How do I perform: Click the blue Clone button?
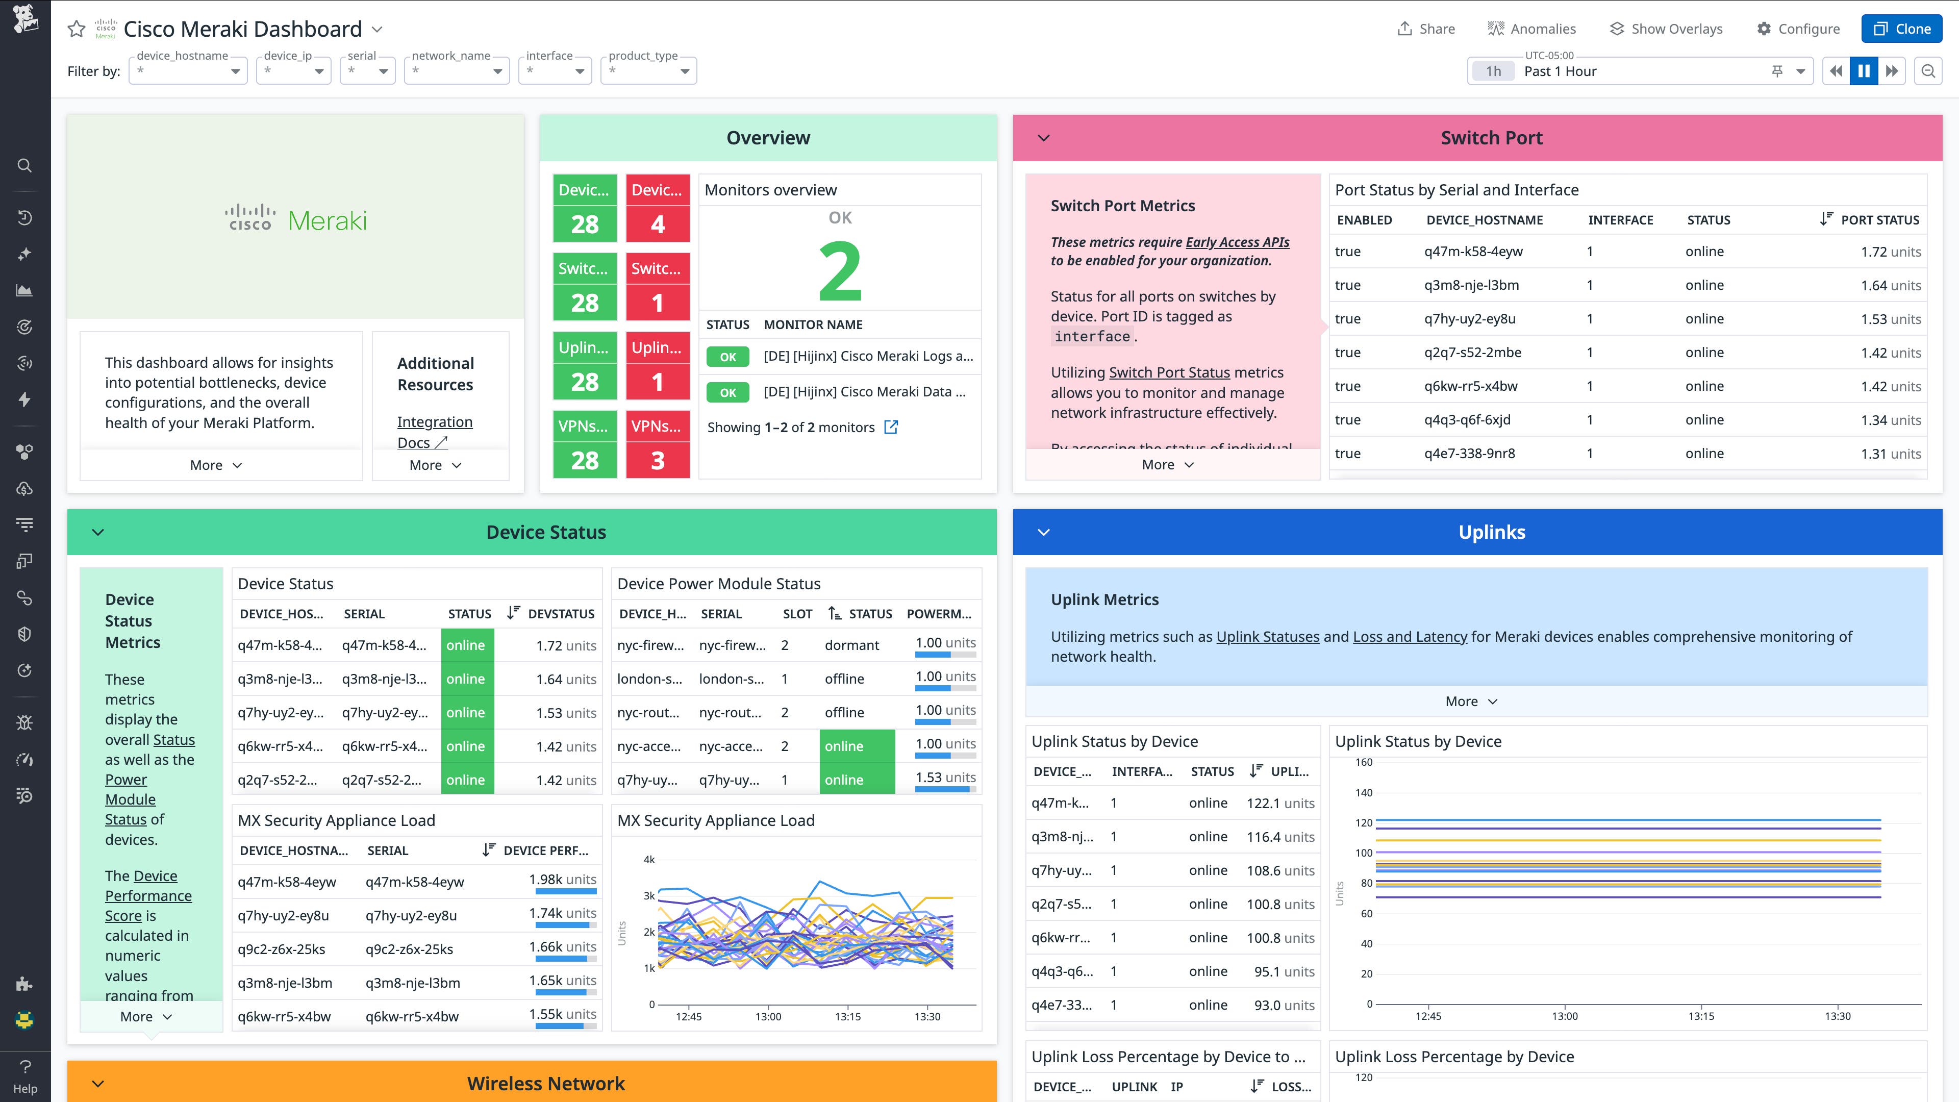click(1901, 29)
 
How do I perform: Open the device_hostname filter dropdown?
click(188, 71)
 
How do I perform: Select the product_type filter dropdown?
click(648, 71)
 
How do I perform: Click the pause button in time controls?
click(1863, 71)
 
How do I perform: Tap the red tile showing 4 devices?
click(657, 223)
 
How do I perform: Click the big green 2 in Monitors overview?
click(840, 271)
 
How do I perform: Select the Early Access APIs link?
click(1237, 242)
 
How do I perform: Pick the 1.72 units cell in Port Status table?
click(1891, 252)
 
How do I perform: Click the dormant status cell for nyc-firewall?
click(852, 645)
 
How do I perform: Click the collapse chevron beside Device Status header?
click(98, 532)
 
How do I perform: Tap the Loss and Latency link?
click(1409, 637)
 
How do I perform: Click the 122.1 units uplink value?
click(1280, 803)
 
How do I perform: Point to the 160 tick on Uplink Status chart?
click(1364, 762)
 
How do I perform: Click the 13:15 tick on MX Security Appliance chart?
click(847, 1016)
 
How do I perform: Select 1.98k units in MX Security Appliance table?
click(562, 879)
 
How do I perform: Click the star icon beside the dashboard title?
click(76, 29)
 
